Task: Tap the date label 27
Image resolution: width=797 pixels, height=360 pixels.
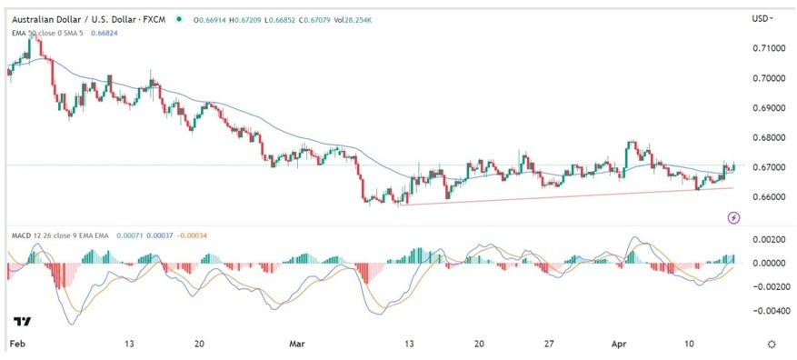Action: pos(548,345)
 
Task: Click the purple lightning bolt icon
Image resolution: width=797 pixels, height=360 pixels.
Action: pos(734,217)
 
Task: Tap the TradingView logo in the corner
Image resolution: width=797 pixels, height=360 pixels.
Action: pos(22,322)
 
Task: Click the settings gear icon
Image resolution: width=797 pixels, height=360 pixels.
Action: pos(772,345)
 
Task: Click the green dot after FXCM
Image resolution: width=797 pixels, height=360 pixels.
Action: pos(179,19)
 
